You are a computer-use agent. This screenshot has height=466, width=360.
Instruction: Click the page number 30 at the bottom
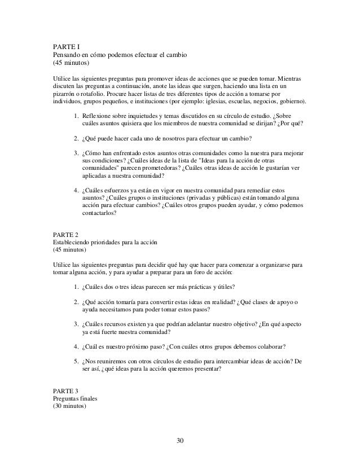[x=179, y=440]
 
